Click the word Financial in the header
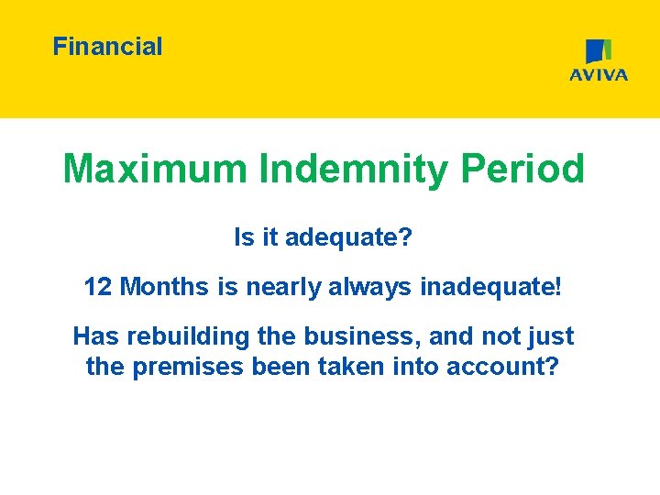107,47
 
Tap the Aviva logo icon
599,51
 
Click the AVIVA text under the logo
599,75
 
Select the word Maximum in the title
155,170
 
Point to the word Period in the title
522,170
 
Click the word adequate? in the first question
349,239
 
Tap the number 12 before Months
98,288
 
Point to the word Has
95,336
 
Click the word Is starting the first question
243,239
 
